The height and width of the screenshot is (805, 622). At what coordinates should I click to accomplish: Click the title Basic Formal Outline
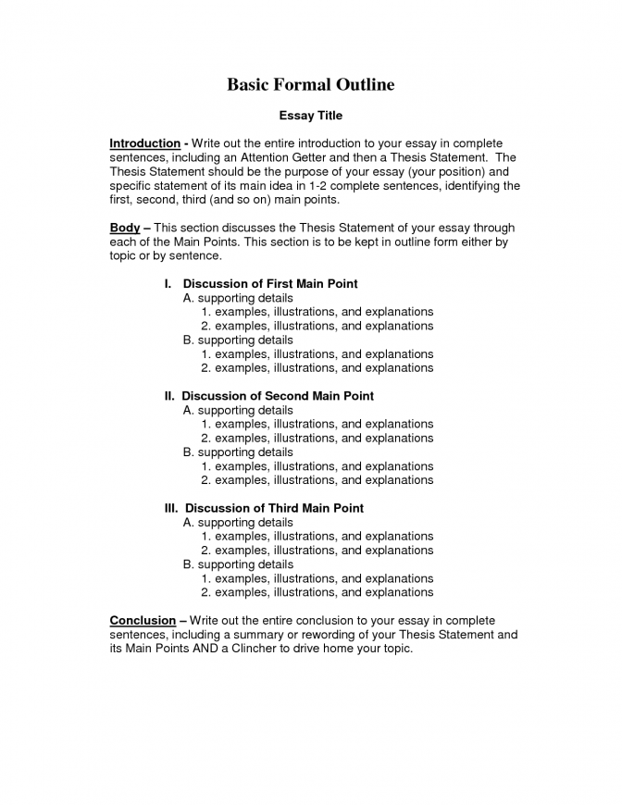pyautogui.click(x=311, y=85)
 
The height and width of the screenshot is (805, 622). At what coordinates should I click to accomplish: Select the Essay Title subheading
pyautogui.click(x=311, y=116)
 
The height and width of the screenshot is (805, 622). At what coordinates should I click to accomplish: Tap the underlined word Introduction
pyautogui.click(x=144, y=143)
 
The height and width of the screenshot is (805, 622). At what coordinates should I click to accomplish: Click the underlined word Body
pyautogui.click(x=124, y=228)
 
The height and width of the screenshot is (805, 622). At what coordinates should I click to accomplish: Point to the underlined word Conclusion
pyautogui.click(x=143, y=620)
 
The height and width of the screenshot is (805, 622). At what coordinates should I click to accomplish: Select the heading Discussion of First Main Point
pyautogui.click(x=270, y=284)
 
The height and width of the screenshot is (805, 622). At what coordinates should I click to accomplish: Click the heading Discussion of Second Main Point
pyautogui.click(x=278, y=396)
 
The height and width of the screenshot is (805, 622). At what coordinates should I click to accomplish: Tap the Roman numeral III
pyautogui.click(x=171, y=508)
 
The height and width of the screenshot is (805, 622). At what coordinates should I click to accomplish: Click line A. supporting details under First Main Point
pyautogui.click(x=238, y=298)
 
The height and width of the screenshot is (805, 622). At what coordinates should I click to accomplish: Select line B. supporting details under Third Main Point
pyautogui.click(x=238, y=563)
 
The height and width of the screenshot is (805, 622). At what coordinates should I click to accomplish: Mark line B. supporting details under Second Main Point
pyautogui.click(x=238, y=452)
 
